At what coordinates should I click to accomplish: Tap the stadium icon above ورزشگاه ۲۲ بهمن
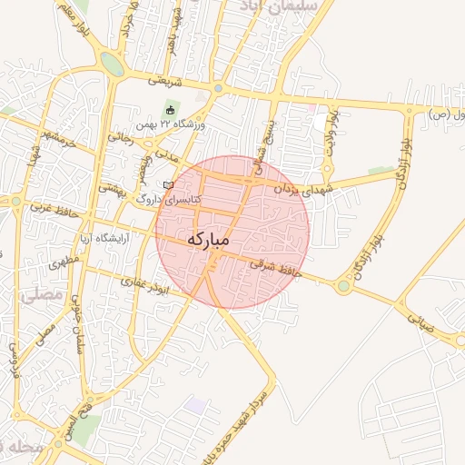(170, 111)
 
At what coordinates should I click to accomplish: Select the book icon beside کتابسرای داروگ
(167, 185)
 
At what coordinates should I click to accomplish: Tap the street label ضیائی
(421, 323)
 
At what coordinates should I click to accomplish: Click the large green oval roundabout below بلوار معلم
(113, 64)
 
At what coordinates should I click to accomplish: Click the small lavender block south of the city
(196, 404)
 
